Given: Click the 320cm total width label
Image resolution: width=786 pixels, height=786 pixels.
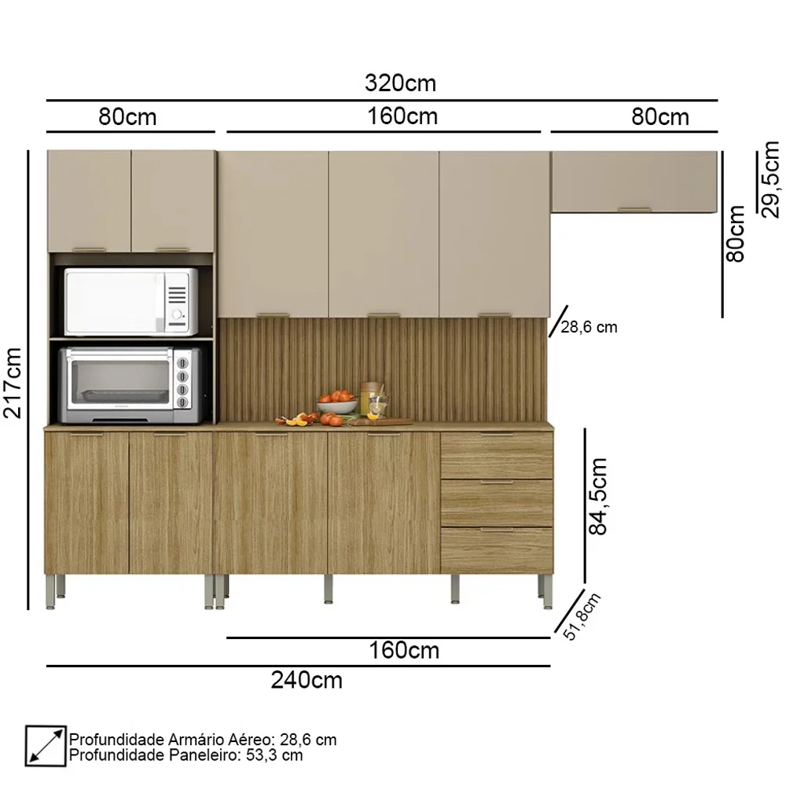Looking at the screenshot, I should click(x=400, y=83).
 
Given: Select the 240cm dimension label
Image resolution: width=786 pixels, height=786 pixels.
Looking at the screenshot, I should click(x=307, y=680).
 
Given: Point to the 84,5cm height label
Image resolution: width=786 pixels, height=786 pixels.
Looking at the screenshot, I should click(x=599, y=497).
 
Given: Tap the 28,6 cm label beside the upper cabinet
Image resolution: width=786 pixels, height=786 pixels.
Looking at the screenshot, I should click(x=589, y=327).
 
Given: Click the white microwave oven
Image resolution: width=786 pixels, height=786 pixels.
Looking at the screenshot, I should click(x=130, y=301).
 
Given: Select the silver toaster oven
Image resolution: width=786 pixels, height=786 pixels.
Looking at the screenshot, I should click(x=127, y=380).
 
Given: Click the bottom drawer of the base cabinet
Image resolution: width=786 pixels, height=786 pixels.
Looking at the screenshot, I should click(x=496, y=549).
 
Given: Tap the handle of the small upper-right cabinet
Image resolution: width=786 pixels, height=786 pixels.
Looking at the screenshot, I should click(x=634, y=209).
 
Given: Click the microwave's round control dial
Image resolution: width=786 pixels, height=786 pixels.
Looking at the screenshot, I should click(x=180, y=318).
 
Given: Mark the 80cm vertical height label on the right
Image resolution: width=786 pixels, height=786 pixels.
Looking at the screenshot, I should click(x=736, y=234).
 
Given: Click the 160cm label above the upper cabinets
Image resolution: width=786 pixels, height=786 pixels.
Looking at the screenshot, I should click(x=402, y=116).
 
